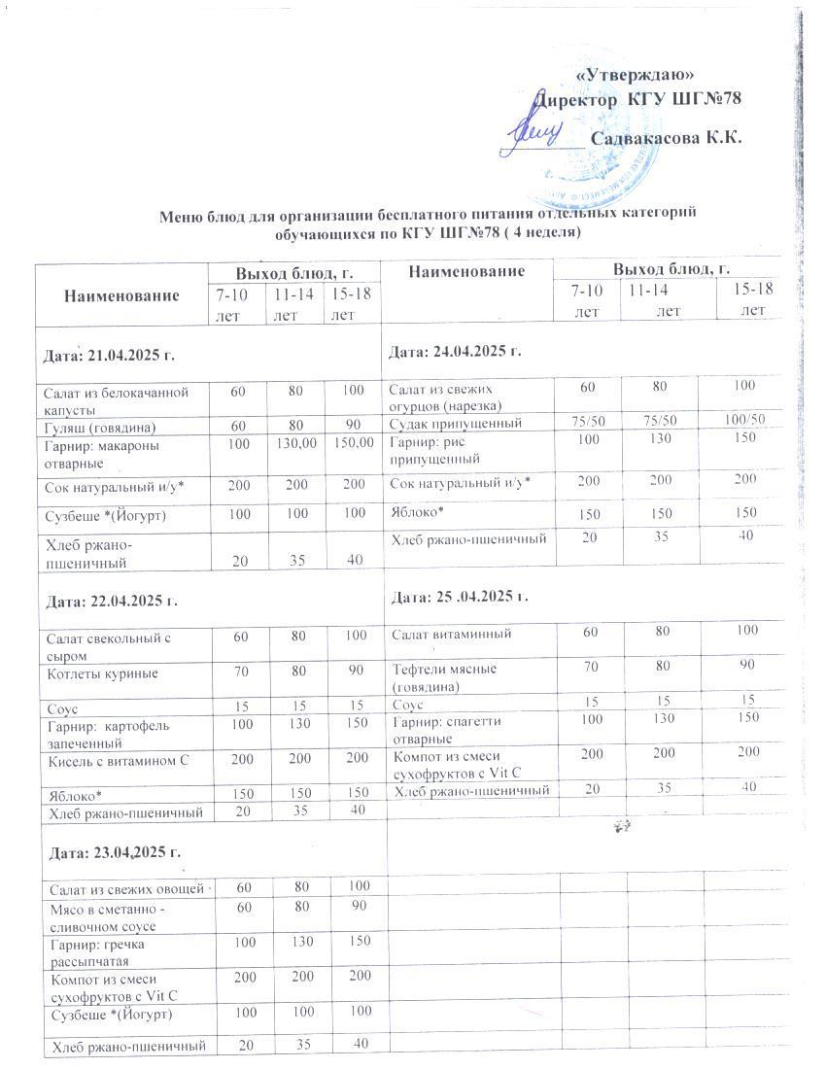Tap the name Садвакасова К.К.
pos(666,138)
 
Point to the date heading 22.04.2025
pos(108,602)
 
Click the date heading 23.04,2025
pos(108,852)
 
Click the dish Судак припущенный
pos(456,423)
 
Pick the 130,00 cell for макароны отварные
pos(295,443)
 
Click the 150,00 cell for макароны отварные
pos(352,443)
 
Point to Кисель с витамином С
pos(117,759)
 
